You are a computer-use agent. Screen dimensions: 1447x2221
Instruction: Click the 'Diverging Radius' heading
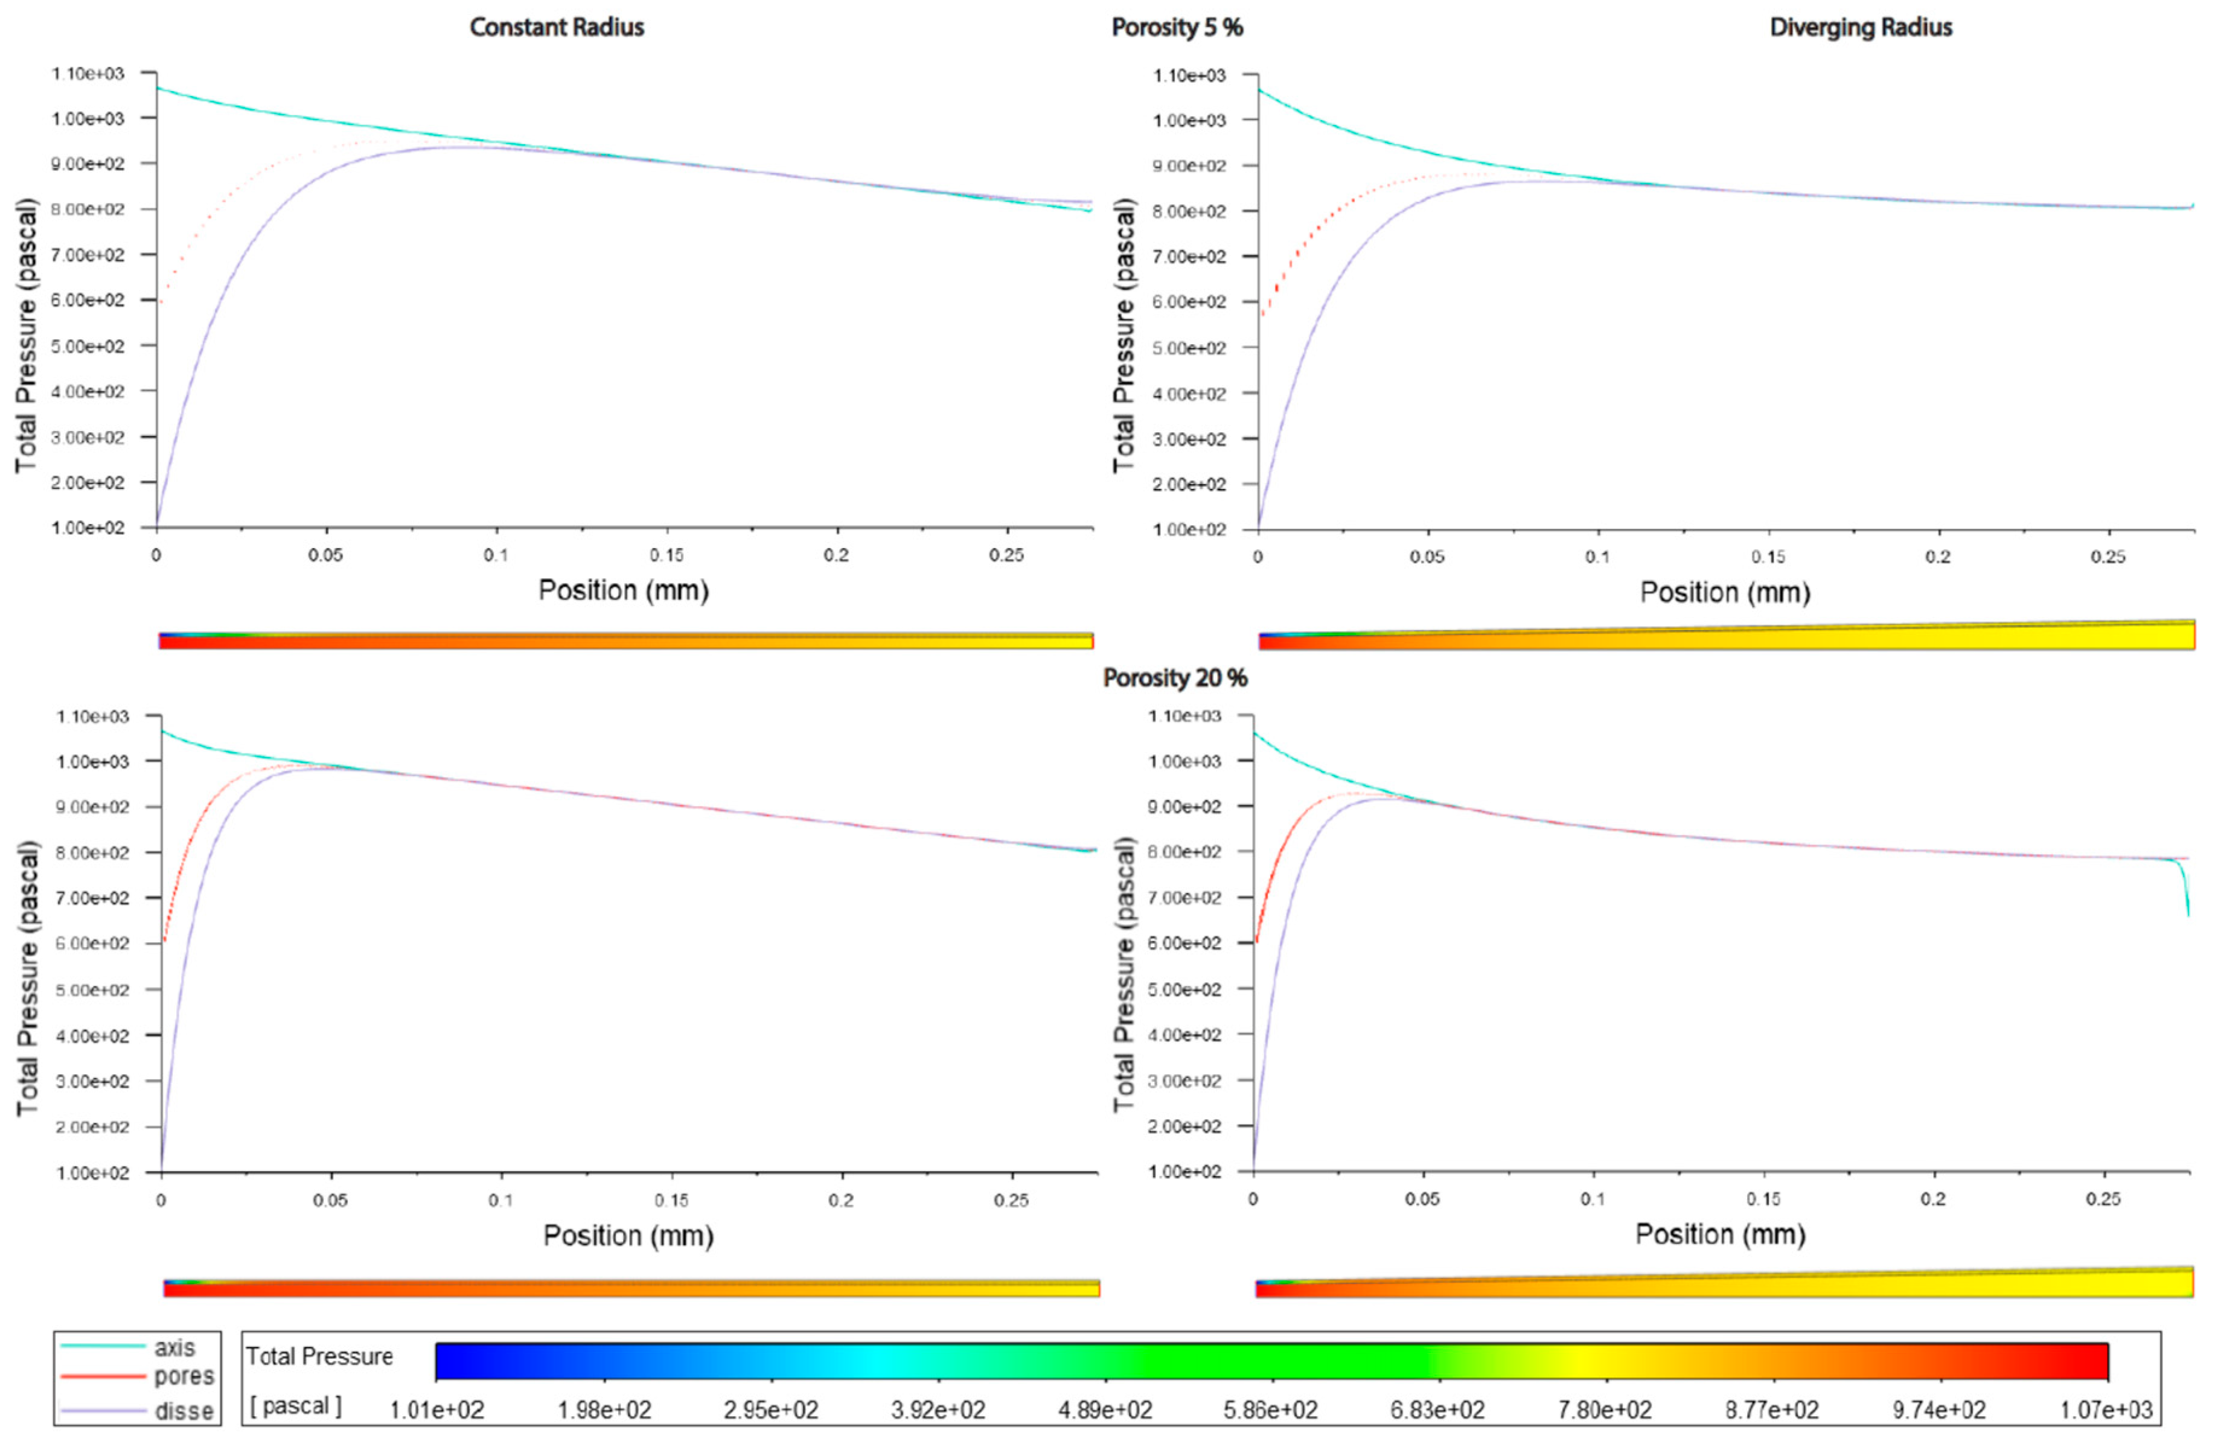click(1860, 27)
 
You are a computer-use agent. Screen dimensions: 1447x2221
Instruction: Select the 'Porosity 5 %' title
click(1176, 27)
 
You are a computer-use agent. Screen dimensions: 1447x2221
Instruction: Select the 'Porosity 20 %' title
click(1174, 679)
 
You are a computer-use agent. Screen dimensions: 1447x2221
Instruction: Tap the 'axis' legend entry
click(174, 1347)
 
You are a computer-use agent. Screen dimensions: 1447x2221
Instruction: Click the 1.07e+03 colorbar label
click(2105, 1410)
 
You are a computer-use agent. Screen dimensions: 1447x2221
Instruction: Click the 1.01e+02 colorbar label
click(436, 1410)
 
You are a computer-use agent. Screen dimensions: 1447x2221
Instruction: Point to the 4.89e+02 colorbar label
click(1105, 1410)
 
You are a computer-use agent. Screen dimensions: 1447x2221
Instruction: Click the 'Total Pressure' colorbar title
click(319, 1356)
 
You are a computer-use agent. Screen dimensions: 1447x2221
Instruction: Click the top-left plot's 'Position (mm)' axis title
click(624, 590)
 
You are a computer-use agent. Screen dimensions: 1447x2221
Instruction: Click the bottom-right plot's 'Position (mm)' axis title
click(1720, 1235)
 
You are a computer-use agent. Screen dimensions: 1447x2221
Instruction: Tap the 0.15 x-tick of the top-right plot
click(1768, 557)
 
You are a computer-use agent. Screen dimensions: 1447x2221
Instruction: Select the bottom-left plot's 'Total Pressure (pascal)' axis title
click(28, 978)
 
